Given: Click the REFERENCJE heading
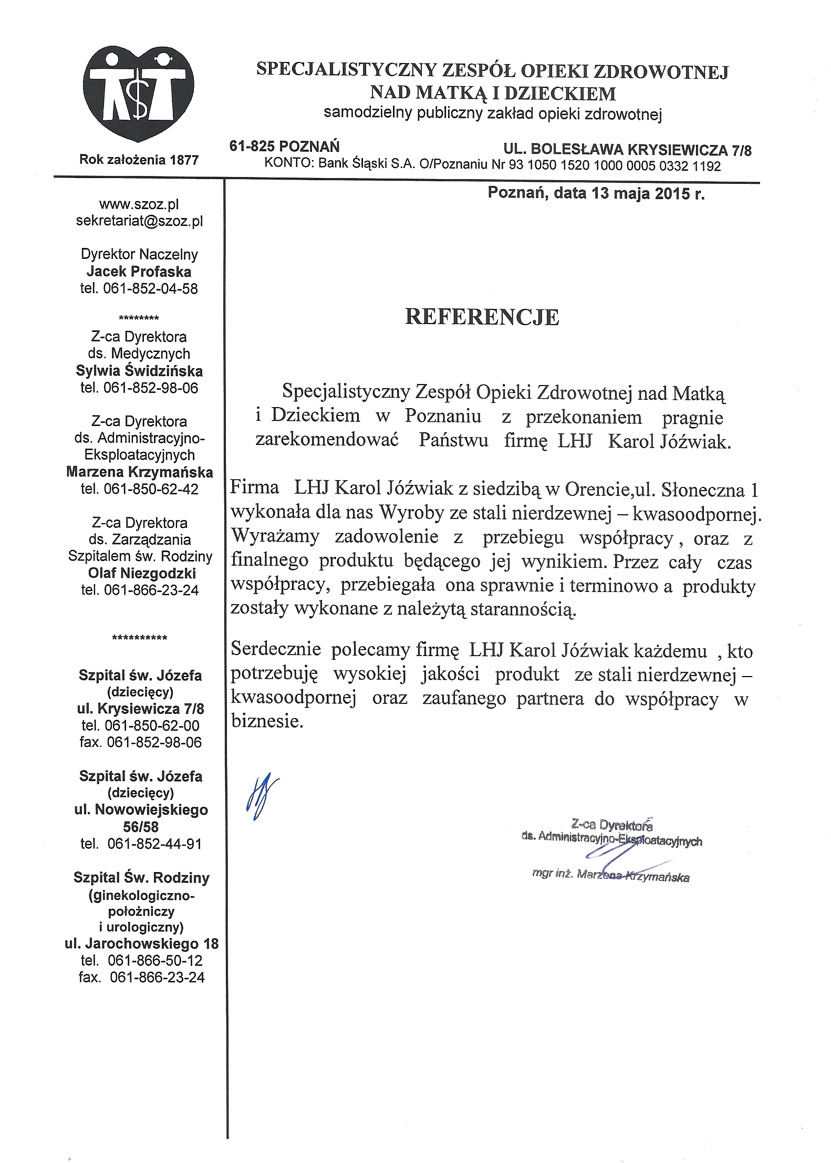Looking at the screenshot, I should [x=482, y=317].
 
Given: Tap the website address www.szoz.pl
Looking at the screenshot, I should [x=139, y=204].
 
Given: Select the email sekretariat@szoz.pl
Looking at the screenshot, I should [x=139, y=221].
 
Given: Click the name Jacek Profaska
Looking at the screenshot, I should [x=139, y=272].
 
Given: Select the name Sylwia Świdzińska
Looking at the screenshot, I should [x=139, y=371].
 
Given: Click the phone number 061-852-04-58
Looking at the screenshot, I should [x=150, y=288].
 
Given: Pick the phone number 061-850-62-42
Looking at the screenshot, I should [x=151, y=489].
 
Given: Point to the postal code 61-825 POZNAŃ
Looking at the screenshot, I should [x=284, y=146].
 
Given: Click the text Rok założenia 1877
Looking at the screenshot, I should [x=139, y=160].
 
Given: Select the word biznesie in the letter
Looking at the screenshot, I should [x=267, y=721].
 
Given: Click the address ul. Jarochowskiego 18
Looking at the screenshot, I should [x=141, y=943].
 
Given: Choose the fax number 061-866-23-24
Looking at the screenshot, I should [x=157, y=977].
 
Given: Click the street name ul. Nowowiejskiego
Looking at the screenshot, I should [x=141, y=810].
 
